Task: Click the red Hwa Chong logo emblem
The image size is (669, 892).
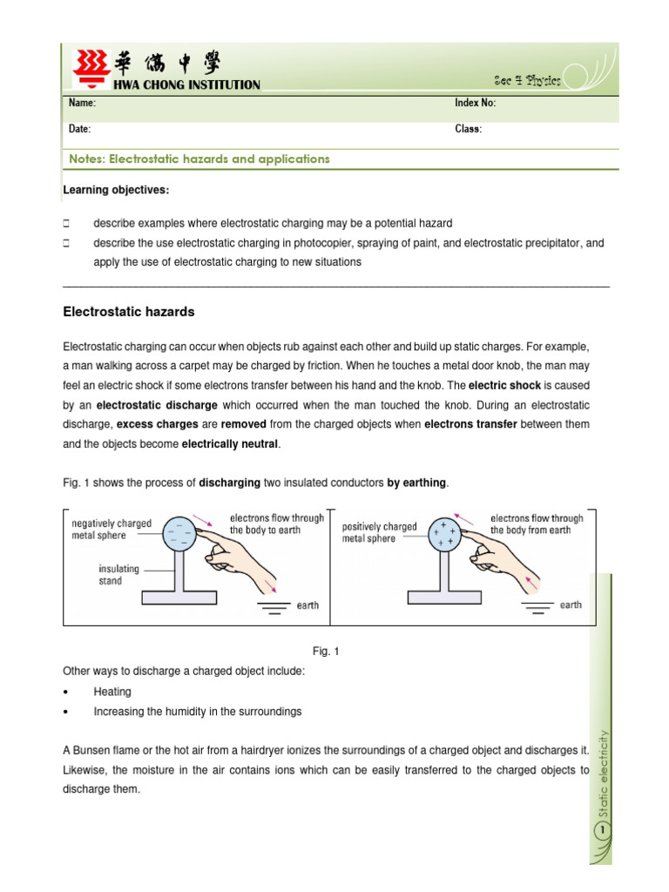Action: (x=87, y=69)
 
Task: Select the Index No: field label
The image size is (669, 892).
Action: (x=475, y=104)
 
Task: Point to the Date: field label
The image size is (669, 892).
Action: (x=79, y=129)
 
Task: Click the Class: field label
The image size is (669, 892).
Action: (x=468, y=129)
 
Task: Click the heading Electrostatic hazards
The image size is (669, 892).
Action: (x=129, y=312)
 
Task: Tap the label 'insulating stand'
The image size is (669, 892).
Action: (x=118, y=575)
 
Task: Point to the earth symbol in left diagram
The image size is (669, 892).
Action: (x=274, y=607)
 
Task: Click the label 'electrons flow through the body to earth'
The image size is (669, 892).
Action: (x=277, y=524)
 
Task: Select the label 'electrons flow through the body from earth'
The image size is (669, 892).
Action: (x=537, y=524)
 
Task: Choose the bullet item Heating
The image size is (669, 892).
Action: (x=112, y=692)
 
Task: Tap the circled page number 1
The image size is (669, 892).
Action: (x=601, y=834)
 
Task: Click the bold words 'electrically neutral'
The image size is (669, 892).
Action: (x=231, y=443)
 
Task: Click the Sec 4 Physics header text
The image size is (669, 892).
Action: (x=527, y=80)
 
